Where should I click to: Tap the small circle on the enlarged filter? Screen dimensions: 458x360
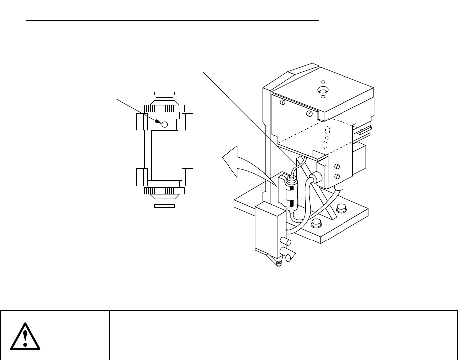pos(164,124)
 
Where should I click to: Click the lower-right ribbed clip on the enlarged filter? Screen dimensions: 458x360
pos(188,177)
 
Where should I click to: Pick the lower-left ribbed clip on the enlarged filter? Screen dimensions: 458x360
pos(141,177)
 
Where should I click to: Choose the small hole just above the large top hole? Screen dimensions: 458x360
pos(323,81)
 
